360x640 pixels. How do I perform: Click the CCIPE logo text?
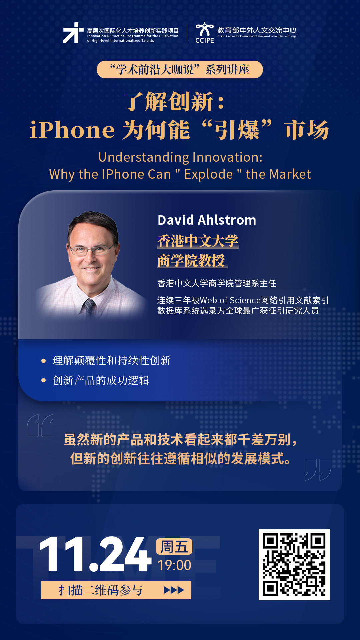[x=205, y=40]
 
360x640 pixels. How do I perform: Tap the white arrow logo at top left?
[x=73, y=33]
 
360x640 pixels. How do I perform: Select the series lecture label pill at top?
[x=180, y=70]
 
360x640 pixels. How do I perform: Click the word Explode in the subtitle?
[x=208, y=174]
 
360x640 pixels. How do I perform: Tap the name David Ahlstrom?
[x=207, y=220]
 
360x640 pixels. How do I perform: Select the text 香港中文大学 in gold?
[x=198, y=241]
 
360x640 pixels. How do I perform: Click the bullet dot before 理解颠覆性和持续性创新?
[x=43, y=361]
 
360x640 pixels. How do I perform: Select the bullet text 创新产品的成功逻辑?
[x=101, y=380]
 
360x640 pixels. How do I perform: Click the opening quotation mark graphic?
[x=40, y=425]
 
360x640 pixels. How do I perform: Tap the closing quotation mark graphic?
[x=318, y=469]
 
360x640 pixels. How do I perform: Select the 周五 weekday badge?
[x=174, y=547]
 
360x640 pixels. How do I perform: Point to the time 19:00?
[x=174, y=565]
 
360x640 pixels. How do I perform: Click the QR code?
[x=294, y=565]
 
